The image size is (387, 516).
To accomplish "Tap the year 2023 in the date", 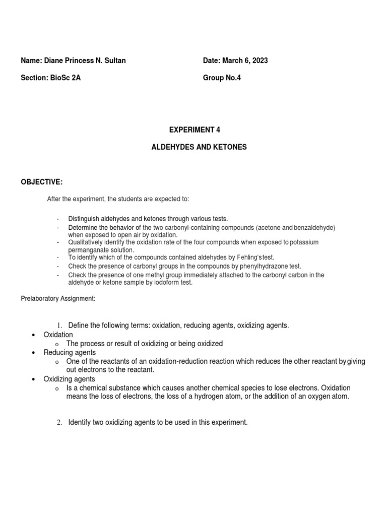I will pos(259,60).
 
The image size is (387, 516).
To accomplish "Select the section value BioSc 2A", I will pos(63,78).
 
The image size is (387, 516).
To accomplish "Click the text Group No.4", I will pos(222,78).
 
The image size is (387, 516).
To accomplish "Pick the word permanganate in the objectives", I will pos(87,250).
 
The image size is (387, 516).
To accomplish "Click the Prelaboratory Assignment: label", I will pos(58,298).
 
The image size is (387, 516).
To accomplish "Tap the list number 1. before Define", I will pos(59,326).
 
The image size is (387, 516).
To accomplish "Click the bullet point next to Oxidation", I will pos(33,335).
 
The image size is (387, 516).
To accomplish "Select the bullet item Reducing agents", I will pos(70,352).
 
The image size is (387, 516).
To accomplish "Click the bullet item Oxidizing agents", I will pos(70,379).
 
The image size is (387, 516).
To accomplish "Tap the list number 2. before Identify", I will pos(59,422).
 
